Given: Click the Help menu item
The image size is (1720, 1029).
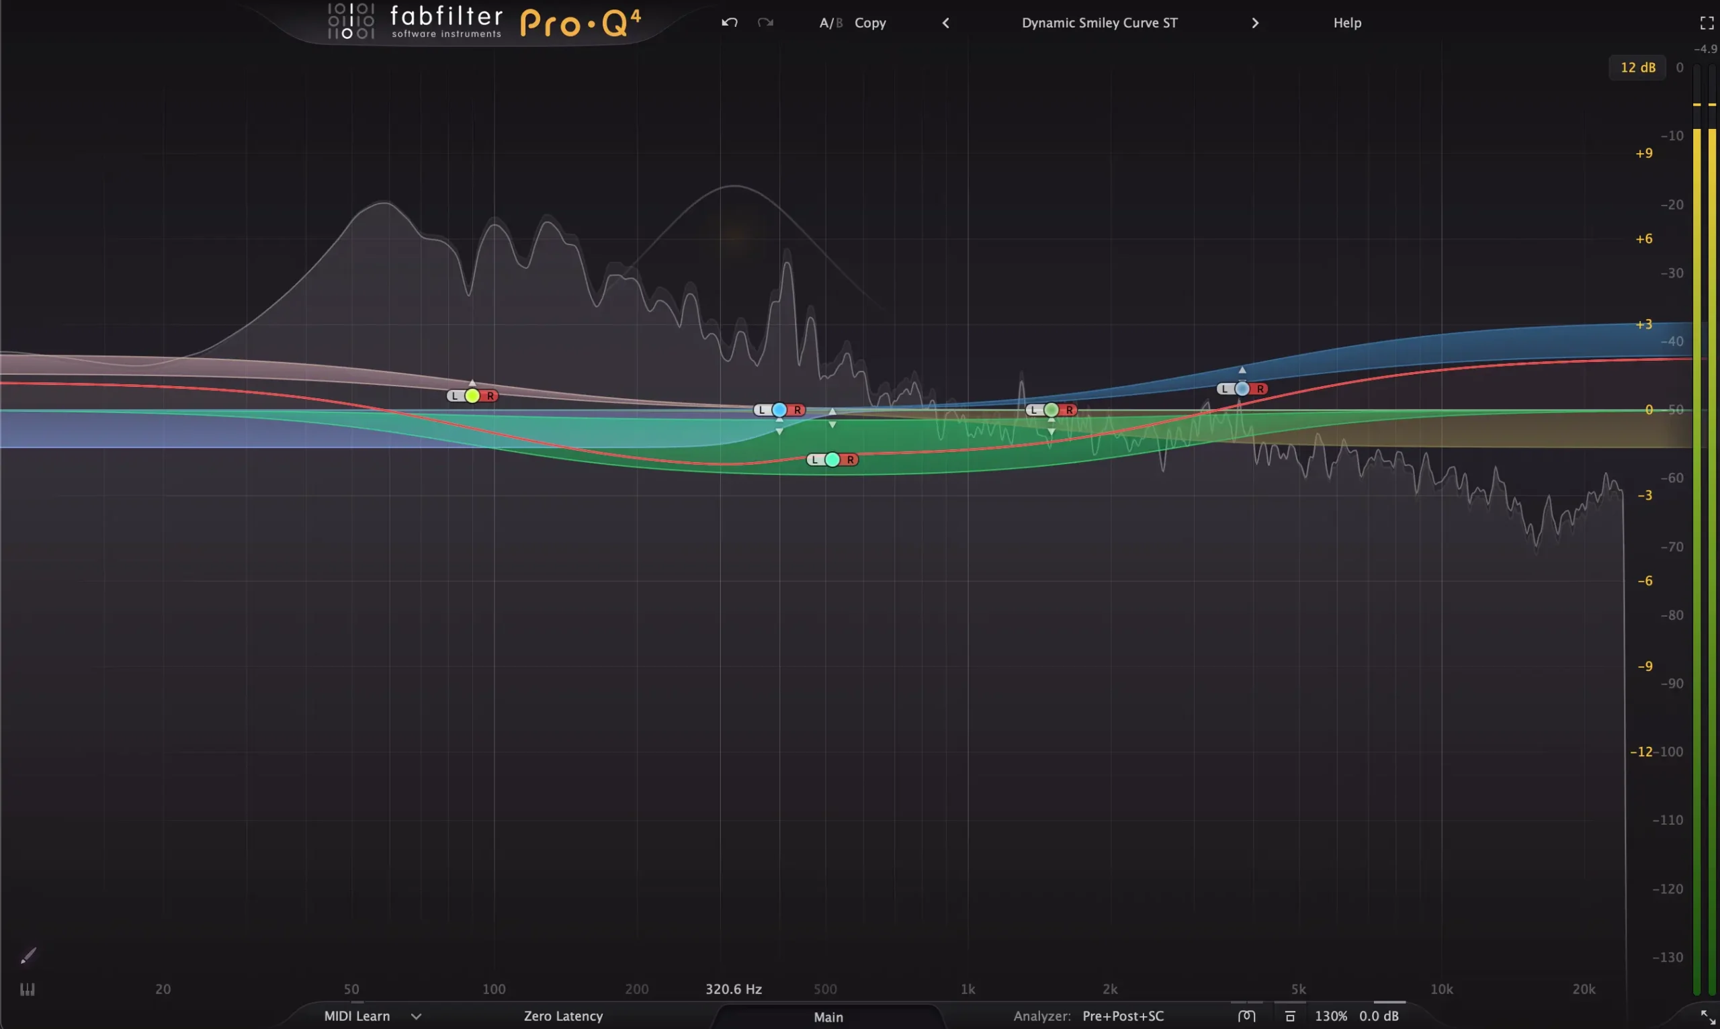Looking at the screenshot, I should (1347, 23).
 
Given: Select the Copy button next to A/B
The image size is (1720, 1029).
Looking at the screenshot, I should (869, 23).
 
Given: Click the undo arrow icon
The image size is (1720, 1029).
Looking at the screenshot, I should (729, 23).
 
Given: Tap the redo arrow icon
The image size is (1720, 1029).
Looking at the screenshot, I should (765, 23).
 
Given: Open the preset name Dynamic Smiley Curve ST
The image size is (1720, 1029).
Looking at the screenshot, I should (1099, 23).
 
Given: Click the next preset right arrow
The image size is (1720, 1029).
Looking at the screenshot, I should (1254, 23).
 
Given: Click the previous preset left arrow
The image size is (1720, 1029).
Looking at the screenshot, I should (945, 23).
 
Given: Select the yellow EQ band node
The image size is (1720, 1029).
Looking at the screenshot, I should (472, 396).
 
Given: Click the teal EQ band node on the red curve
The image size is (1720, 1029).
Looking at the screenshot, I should (832, 459).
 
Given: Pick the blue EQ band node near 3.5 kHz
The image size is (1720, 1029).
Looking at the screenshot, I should (1242, 389).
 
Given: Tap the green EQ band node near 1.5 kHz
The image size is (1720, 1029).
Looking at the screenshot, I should (1051, 410).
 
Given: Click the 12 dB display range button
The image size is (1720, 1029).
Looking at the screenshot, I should (1637, 67).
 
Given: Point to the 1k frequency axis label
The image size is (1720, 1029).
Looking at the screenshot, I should (967, 989).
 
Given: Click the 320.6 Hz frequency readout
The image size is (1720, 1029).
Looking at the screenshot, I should (733, 989).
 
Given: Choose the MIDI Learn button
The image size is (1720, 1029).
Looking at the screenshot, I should (357, 1016).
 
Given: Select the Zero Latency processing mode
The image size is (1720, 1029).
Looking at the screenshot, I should (563, 1016).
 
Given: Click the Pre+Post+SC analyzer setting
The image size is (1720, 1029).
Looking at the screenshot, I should (1123, 1016).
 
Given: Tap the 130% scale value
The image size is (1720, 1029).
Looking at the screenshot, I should (1331, 1016).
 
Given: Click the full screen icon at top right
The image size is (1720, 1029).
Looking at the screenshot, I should (1707, 23).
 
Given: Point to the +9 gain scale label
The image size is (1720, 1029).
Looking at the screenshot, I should (1643, 153).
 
